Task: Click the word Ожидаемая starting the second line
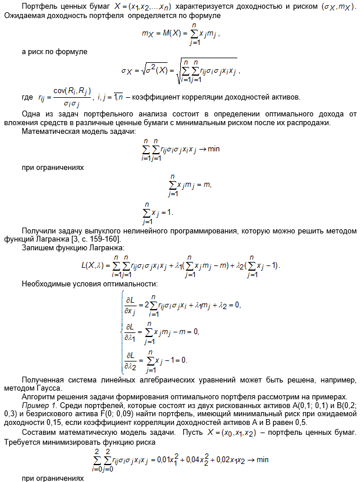23,15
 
